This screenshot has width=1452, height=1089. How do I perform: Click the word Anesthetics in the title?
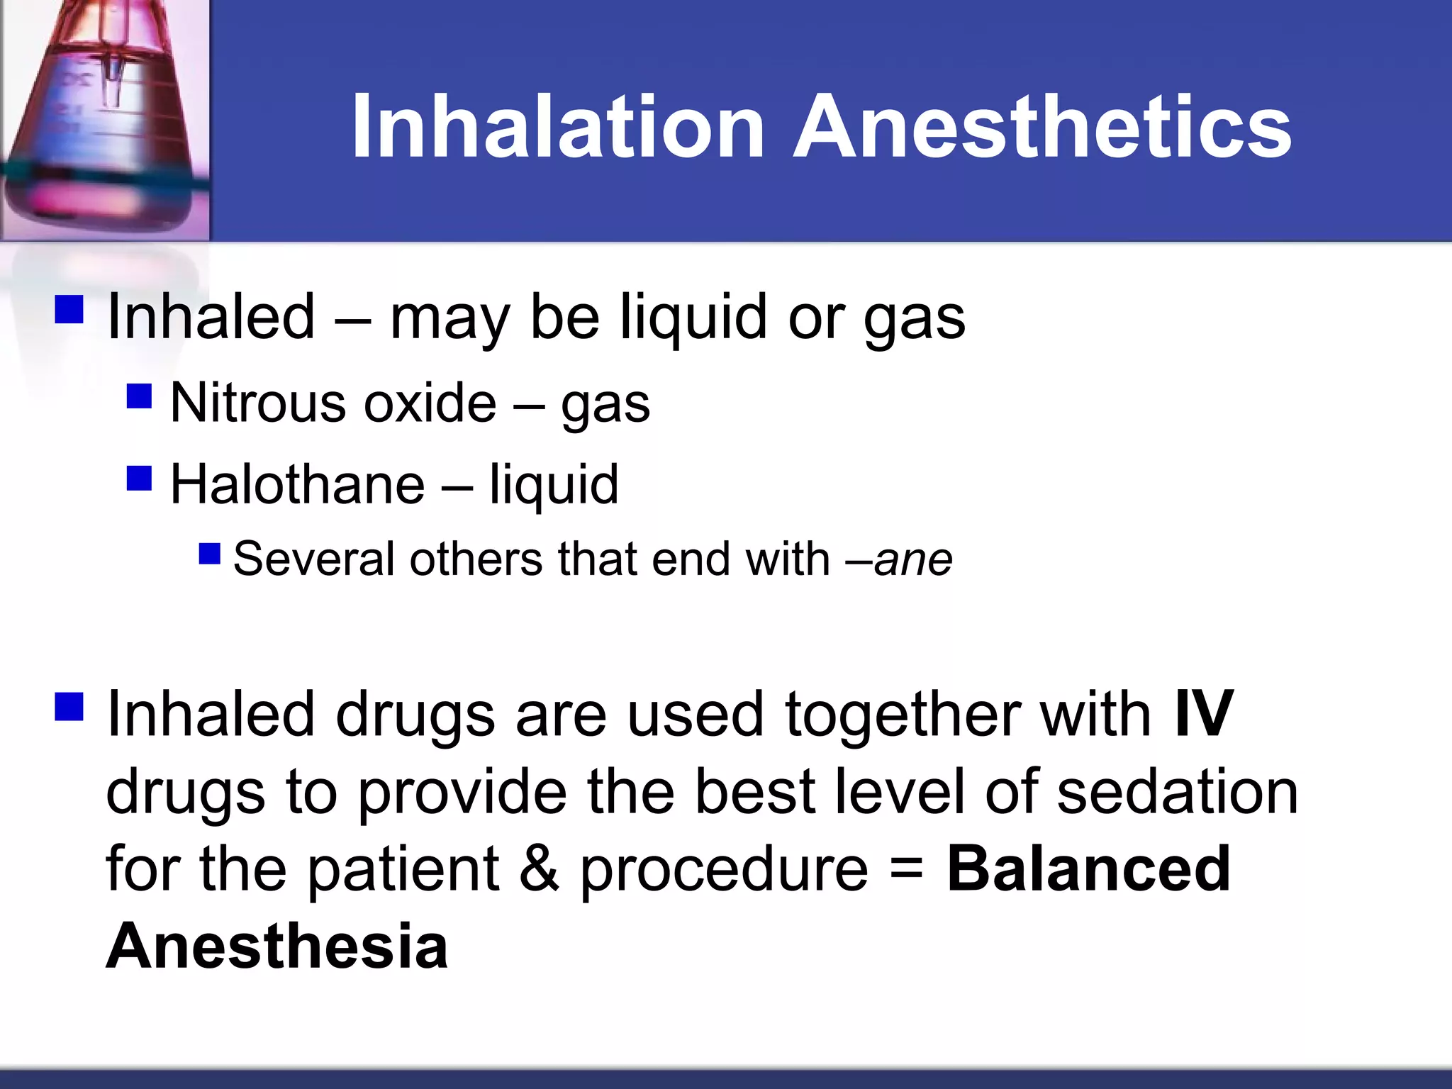(x=1042, y=128)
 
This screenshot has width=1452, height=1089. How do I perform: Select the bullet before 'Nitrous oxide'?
(x=140, y=396)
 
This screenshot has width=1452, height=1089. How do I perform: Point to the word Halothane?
(x=298, y=484)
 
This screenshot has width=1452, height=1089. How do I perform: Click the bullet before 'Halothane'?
(x=140, y=478)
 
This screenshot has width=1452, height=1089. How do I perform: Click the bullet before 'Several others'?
(x=210, y=553)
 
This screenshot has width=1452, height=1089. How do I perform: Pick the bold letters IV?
(x=1204, y=714)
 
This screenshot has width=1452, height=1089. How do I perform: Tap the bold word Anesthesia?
(x=277, y=946)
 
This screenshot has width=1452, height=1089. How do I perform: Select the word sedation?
(x=1177, y=791)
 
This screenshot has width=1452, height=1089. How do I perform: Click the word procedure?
(x=724, y=871)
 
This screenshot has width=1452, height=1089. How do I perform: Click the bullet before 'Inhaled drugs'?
(x=69, y=706)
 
